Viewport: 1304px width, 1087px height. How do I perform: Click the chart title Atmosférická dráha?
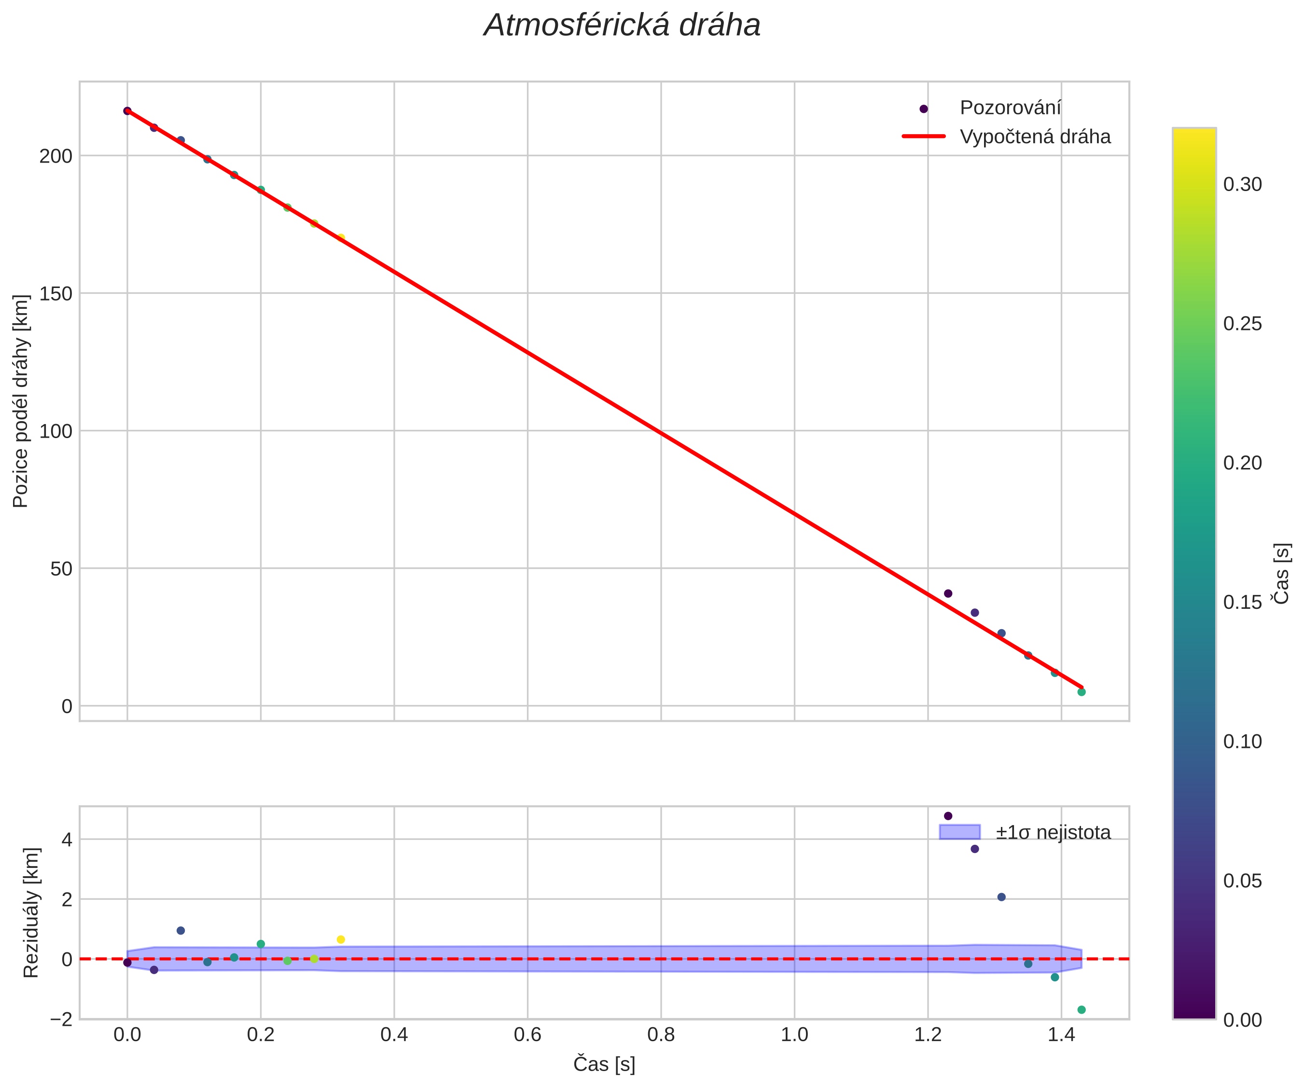click(x=622, y=26)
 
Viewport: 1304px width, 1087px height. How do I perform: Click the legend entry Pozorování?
click(x=1010, y=108)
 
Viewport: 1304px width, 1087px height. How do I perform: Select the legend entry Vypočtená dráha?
click(x=1035, y=137)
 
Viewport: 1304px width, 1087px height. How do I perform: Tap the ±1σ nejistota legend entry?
click(x=1053, y=832)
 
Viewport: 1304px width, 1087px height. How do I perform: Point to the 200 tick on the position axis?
click(x=56, y=156)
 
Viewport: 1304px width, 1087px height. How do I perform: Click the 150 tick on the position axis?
click(x=56, y=294)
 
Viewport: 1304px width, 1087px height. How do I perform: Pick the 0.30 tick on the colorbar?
click(x=1242, y=185)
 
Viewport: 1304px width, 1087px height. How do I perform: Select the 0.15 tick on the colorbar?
click(x=1242, y=603)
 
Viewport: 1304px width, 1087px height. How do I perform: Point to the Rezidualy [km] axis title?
click(x=31, y=912)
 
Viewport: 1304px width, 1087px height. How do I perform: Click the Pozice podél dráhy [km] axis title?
click(x=21, y=401)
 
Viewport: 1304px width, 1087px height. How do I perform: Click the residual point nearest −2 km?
click(x=1081, y=1010)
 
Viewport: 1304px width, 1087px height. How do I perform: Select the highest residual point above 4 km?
click(x=947, y=816)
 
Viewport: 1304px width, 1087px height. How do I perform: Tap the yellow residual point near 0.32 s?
click(x=341, y=940)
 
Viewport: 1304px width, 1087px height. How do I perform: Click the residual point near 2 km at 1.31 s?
click(x=1001, y=897)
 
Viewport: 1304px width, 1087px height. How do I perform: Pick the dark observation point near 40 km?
click(x=947, y=593)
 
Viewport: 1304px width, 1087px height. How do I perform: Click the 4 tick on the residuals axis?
click(x=67, y=840)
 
